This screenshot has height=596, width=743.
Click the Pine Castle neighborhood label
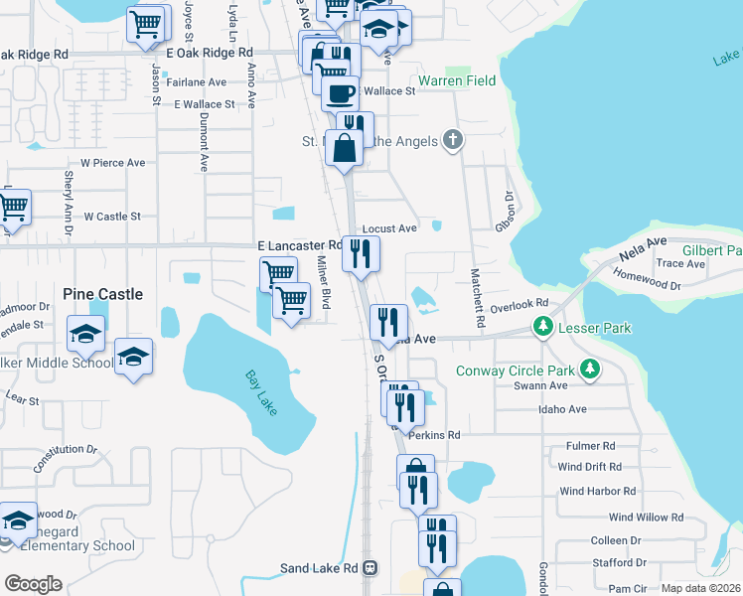(102, 294)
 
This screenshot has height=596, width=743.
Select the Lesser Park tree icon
(543, 326)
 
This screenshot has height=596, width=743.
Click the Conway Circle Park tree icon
(590, 371)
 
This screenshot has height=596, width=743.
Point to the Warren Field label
(457, 79)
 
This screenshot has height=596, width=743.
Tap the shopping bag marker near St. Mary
(344, 149)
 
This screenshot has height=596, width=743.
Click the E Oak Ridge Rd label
(210, 52)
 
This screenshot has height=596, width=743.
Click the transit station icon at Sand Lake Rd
(370, 568)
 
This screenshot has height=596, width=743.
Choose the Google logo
(33, 583)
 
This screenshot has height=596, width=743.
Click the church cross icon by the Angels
(453, 139)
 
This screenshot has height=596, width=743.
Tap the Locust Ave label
(389, 228)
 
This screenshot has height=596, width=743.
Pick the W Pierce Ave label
(113, 162)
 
